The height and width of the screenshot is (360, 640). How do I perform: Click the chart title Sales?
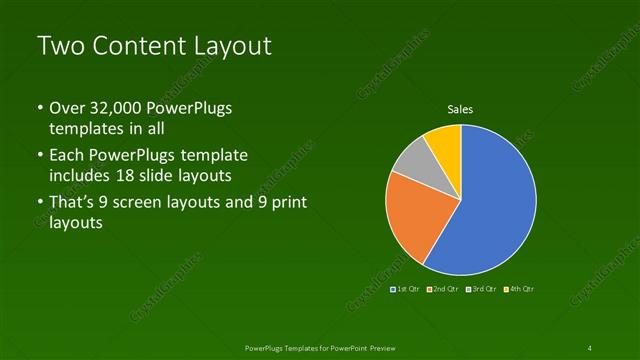click(460, 109)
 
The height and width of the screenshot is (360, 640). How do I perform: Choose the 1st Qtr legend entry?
click(404, 289)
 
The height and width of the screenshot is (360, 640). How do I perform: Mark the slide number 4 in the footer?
click(590, 347)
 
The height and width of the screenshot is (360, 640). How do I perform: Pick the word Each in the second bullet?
click(67, 156)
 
